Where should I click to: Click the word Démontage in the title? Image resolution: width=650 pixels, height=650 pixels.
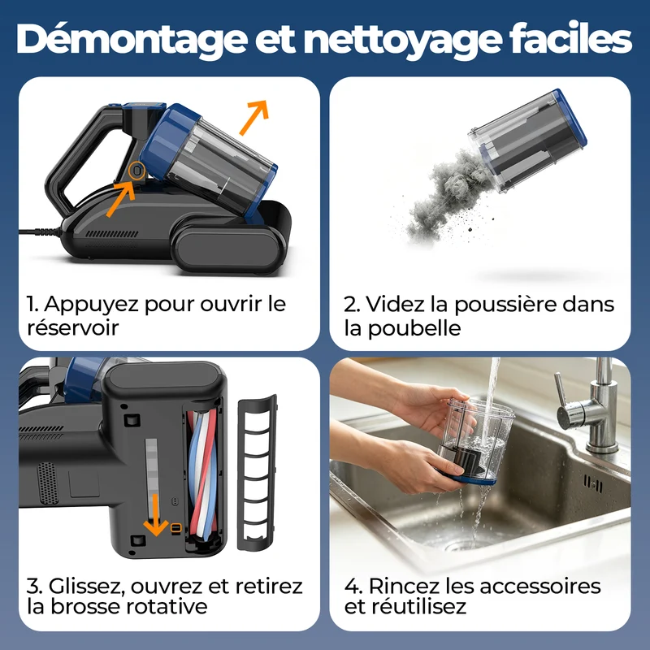(x=132, y=40)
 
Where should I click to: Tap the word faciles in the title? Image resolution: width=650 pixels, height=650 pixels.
(x=570, y=38)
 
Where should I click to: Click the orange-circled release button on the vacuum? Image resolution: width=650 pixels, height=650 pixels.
(x=136, y=171)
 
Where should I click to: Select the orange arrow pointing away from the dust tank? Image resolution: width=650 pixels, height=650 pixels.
(x=253, y=117)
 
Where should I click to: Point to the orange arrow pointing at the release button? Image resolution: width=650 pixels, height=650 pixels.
(x=120, y=198)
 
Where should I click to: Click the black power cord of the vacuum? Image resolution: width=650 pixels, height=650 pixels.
(x=40, y=232)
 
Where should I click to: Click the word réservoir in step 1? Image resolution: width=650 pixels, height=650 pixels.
(x=73, y=328)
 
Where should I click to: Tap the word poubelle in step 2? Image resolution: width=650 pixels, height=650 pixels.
(x=414, y=328)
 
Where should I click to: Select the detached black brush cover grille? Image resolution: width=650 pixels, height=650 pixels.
(x=257, y=473)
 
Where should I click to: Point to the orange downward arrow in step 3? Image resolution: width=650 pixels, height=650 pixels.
(x=155, y=514)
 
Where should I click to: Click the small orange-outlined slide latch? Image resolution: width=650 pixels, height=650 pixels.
(x=175, y=527)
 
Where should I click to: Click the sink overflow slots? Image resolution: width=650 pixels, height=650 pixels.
(x=593, y=483)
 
